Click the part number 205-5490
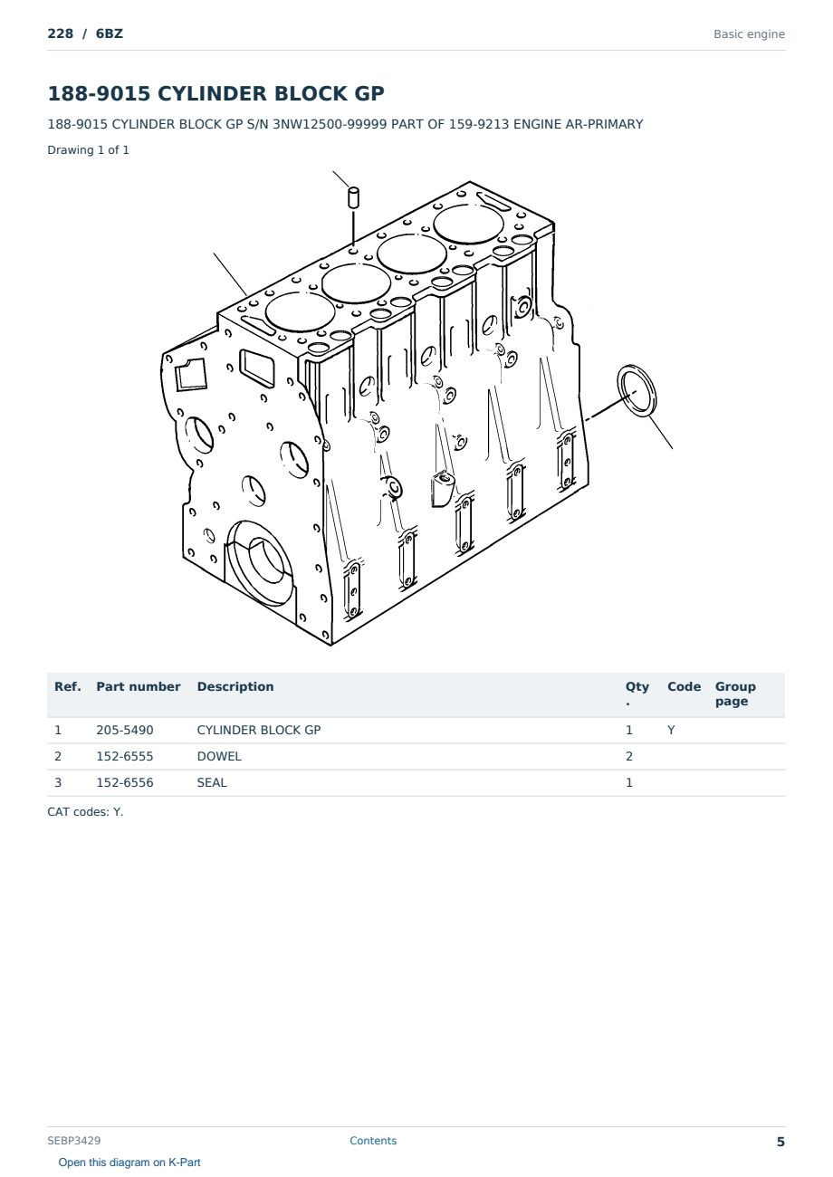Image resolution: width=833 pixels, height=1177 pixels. coord(125,730)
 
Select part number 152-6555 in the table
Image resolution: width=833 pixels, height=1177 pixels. coord(125,756)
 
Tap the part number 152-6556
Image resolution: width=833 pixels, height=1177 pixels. coord(125,782)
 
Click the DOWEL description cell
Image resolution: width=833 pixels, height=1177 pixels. coord(219,756)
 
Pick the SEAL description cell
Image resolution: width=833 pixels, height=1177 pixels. coord(212,782)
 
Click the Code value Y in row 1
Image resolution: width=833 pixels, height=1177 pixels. coord(671,730)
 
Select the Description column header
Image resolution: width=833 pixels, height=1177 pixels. coord(235,687)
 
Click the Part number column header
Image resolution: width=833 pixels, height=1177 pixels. coord(139,687)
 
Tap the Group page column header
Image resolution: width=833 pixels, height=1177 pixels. coord(735,694)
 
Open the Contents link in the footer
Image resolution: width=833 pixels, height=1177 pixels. coord(373,1140)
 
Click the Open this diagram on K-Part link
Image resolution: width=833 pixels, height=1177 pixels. coord(129,1163)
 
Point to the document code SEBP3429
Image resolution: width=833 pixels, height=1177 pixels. coord(74,1140)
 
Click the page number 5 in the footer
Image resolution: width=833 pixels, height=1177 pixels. coord(780,1142)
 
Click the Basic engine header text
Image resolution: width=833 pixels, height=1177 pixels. coord(749,34)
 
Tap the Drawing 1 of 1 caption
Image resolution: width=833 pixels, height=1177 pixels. coord(89,149)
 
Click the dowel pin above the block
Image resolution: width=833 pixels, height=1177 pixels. coord(354,197)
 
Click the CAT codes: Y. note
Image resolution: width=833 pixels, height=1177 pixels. coord(85,812)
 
